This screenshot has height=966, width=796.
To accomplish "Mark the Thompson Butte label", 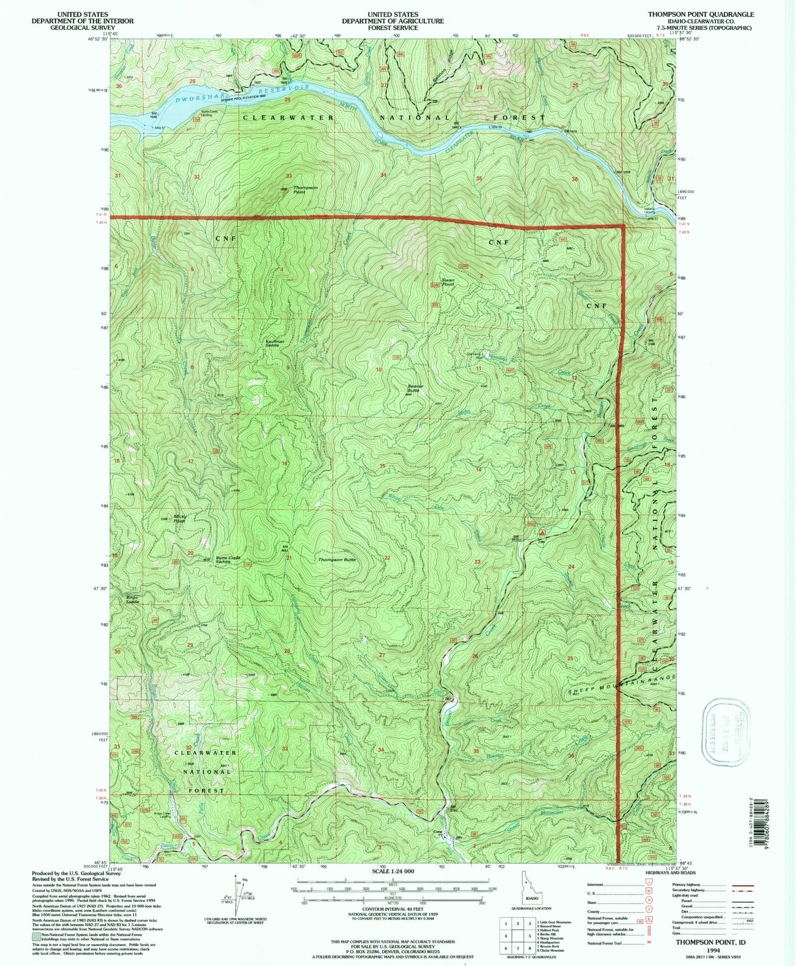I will pyautogui.click(x=336, y=560).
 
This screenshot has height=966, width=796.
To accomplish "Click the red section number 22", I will pyautogui.click(x=387, y=558).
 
